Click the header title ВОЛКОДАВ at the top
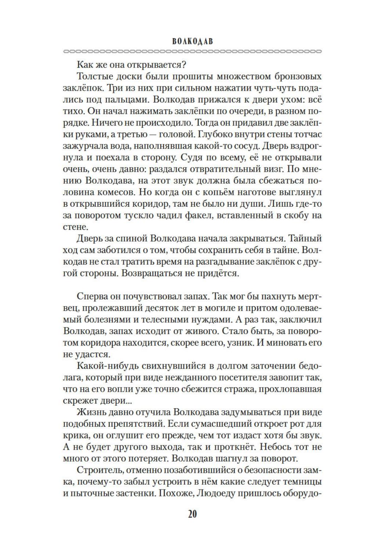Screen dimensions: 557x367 [193, 41]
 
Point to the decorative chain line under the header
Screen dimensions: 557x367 [193, 51]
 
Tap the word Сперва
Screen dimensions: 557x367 [93, 297]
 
